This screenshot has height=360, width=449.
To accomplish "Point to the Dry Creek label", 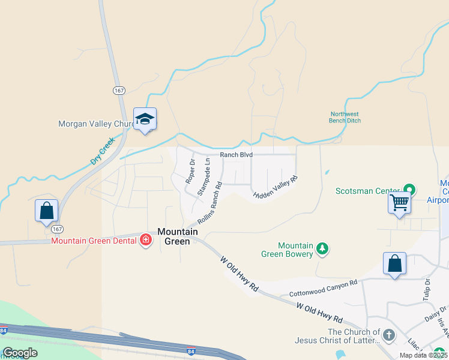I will click(102, 152).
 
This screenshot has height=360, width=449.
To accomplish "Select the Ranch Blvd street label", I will click(236, 155).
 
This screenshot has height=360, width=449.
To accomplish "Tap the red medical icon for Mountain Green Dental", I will click(145, 241).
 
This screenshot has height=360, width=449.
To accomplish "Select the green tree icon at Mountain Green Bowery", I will click(322, 248).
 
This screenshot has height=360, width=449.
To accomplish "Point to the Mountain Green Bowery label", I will click(295, 250).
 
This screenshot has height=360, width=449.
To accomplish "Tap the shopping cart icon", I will click(399, 202).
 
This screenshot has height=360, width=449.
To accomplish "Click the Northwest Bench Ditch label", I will click(345, 117).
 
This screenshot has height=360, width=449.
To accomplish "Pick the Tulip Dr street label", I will click(427, 290).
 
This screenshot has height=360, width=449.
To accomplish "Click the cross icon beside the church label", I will click(388, 335).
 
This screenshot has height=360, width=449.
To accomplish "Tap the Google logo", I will click(20, 353).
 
